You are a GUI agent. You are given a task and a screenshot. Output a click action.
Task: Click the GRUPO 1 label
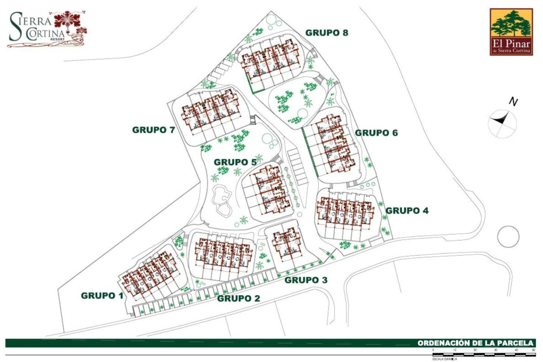click(x=102, y=296)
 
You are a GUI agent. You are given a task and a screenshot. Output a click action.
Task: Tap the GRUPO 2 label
click(x=238, y=298)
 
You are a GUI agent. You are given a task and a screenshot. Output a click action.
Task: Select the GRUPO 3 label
click(x=306, y=280)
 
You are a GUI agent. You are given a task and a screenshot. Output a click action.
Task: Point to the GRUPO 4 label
click(x=407, y=211)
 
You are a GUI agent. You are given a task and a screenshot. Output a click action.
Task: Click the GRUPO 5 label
click(x=235, y=162)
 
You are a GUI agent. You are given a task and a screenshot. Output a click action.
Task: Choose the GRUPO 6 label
click(x=376, y=133)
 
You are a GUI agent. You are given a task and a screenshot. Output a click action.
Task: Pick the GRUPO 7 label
click(x=154, y=130)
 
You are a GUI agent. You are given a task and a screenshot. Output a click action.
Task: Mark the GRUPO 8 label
click(x=327, y=33)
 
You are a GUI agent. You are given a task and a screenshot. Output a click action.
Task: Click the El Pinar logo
click(x=511, y=32)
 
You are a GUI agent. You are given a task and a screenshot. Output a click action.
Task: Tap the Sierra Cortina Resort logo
click(x=47, y=29)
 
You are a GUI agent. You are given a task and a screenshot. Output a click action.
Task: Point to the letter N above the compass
click(x=513, y=102)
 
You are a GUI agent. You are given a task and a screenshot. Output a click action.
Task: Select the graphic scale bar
click(x=484, y=354)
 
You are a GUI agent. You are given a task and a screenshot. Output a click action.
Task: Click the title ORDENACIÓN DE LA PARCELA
click(x=475, y=343)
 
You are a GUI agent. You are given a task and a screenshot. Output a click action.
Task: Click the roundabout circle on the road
click(x=508, y=236)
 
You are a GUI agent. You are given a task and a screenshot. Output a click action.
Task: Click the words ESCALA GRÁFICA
click(x=445, y=359)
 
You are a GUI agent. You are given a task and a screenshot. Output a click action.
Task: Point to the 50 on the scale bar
click(x=533, y=350)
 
